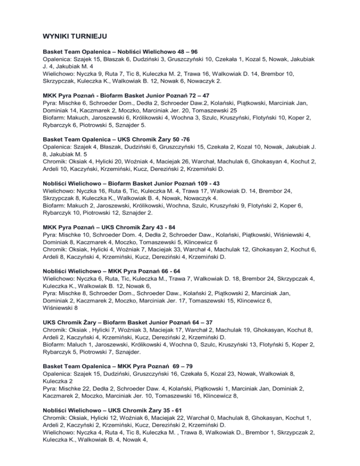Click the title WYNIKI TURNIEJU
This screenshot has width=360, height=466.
(76, 34)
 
